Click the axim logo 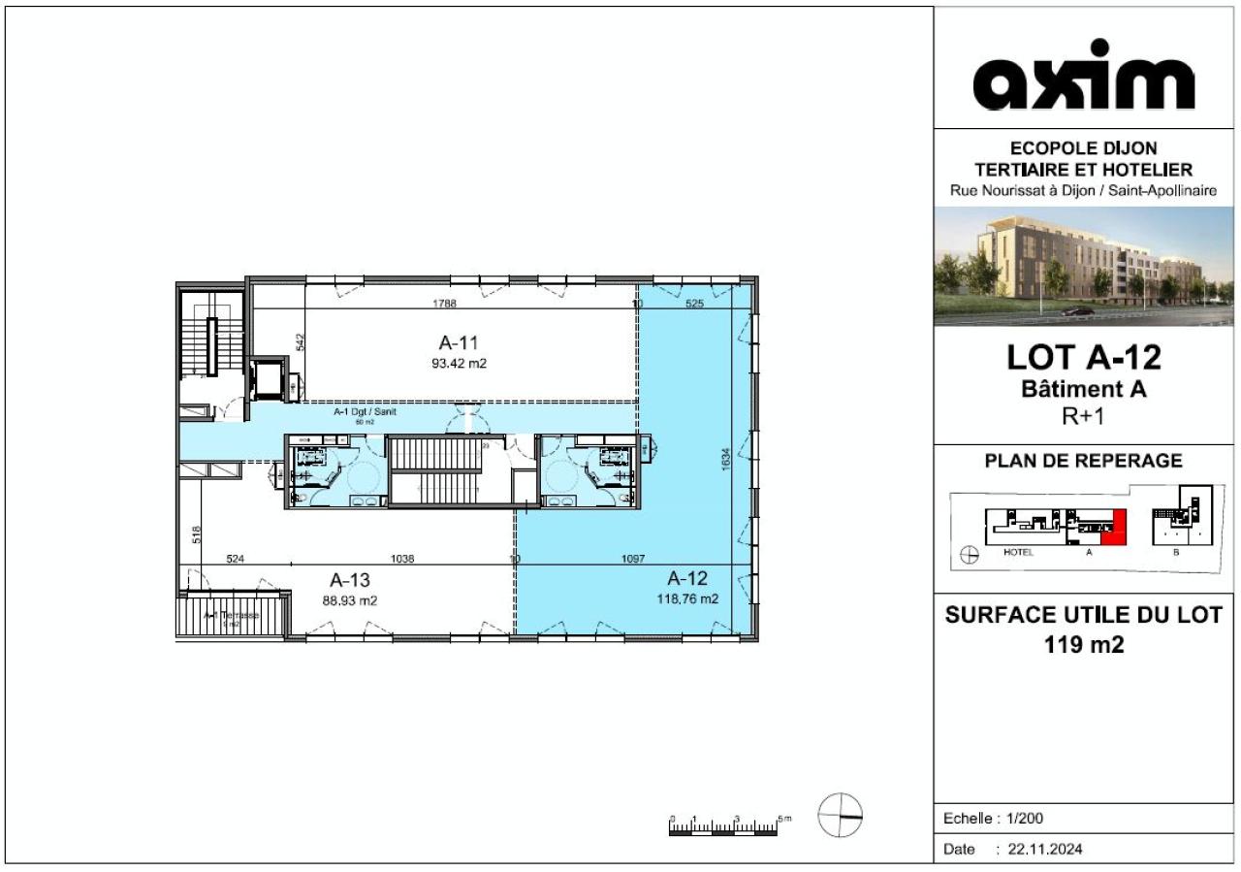(x=1083, y=76)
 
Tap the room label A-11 (x=459, y=342)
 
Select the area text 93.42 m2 (x=459, y=364)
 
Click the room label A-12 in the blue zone (x=687, y=580)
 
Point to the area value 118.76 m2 (x=687, y=599)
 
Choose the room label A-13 (x=350, y=580)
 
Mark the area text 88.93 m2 (x=350, y=600)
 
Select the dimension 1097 (x=632, y=559)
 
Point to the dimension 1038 (x=402, y=559)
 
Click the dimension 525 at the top (x=694, y=304)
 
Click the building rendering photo (x=1083, y=266)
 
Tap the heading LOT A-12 (x=1083, y=358)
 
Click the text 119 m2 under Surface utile (x=1083, y=643)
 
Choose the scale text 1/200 (x=1025, y=819)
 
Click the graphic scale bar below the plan (x=723, y=827)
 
